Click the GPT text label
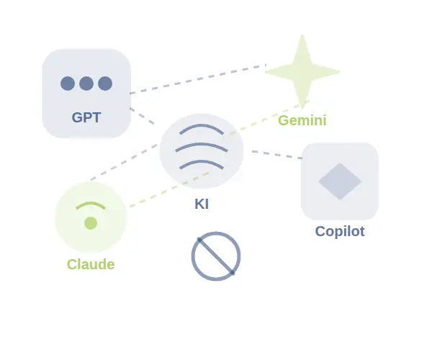pos(86,117)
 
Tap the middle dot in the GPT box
pos(86,84)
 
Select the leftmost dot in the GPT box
pos(68,84)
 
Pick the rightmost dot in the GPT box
pos(105,84)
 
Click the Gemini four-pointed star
pos(302,71)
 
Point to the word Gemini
pos(302,120)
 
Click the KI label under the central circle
pos(202,204)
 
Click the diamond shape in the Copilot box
pos(340,181)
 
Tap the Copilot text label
pos(340,231)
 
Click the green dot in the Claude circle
pos(91,222)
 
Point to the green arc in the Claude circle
pos(91,204)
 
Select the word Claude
pos(91,264)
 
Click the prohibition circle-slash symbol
pos(216,256)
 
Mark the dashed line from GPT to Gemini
pos(198,79)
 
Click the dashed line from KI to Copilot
pos(277,155)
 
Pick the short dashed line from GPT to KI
pos(142,116)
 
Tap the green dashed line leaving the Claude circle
pos(219,154)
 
